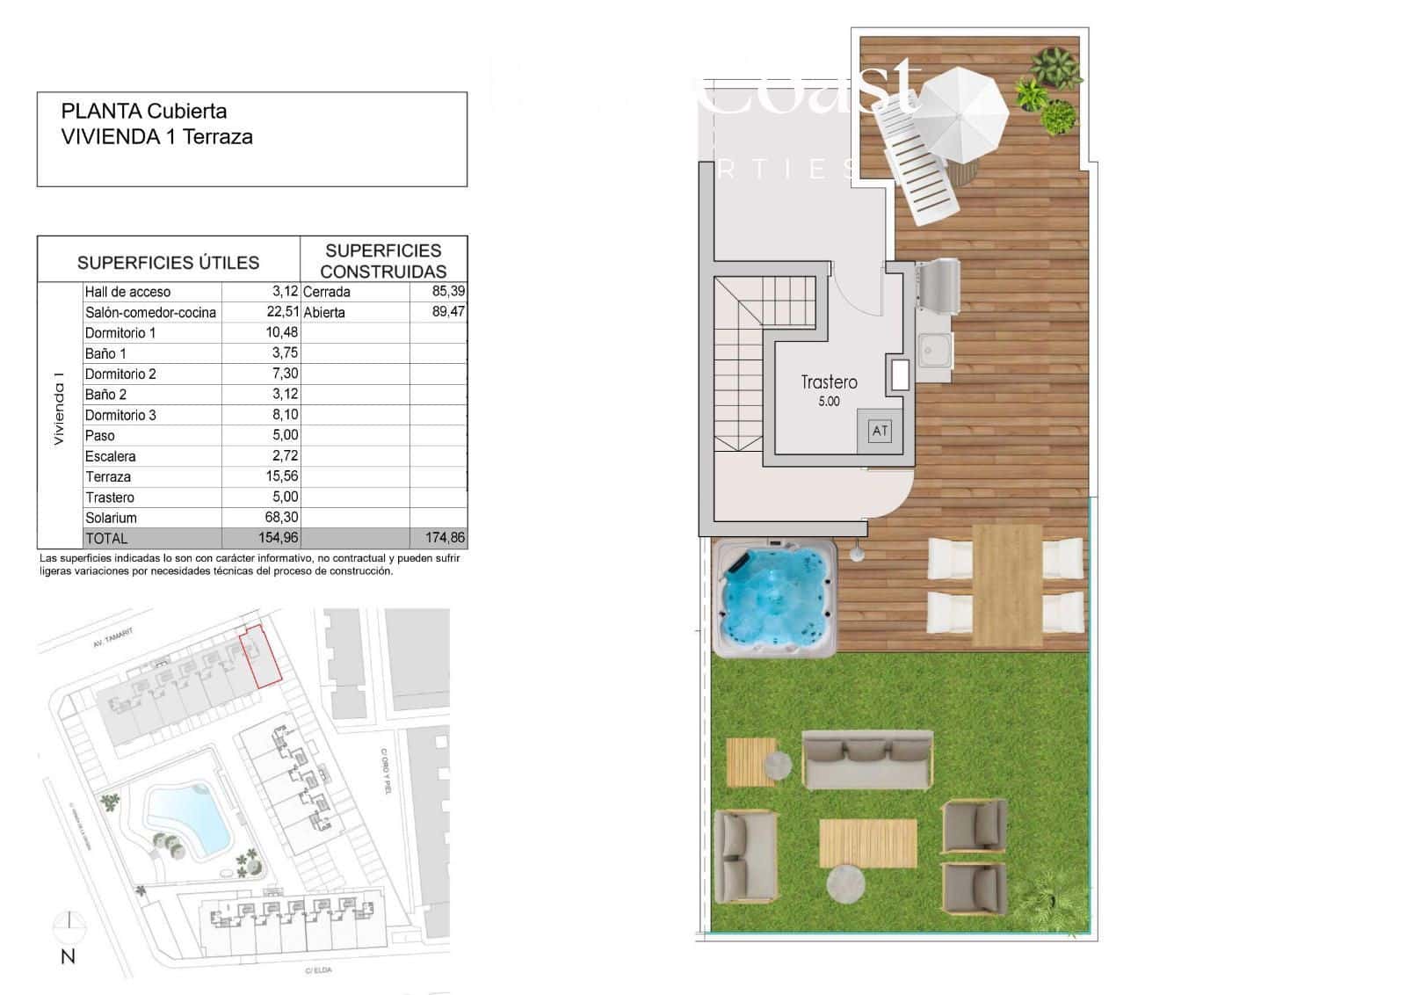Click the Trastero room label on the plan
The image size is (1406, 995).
click(829, 382)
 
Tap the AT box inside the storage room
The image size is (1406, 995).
click(880, 431)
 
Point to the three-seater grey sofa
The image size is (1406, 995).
click(867, 759)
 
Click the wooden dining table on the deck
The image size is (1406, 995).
click(1007, 583)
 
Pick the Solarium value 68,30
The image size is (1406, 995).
click(281, 518)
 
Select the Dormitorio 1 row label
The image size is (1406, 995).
click(120, 333)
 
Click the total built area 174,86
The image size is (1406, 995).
click(445, 538)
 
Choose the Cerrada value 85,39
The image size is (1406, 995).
click(448, 291)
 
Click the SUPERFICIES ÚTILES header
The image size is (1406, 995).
click(168, 262)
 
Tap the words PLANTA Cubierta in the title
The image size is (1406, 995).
click(144, 112)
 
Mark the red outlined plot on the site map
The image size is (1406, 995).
click(262, 656)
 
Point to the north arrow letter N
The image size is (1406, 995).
click(68, 957)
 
